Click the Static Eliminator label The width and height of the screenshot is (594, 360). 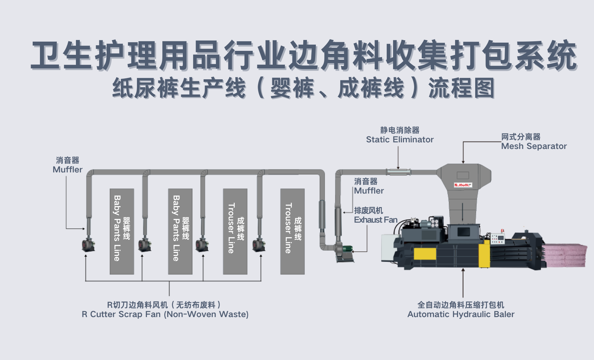click(x=400, y=135)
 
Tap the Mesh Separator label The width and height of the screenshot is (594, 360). click(x=534, y=141)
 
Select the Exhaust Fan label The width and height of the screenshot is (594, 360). click(x=376, y=215)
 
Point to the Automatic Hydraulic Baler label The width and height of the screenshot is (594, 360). click(x=461, y=309)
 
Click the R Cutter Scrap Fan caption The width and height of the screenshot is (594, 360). click(x=165, y=309)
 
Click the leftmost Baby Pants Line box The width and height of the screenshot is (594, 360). click(x=122, y=232)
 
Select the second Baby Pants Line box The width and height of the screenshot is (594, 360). click(x=180, y=232)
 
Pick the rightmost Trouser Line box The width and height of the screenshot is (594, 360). click(x=292, y=232)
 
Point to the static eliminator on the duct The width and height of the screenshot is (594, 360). click(x=398, y=172)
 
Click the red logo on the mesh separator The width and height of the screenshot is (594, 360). click(x=463, y=185)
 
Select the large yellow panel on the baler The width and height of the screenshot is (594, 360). click(x=425, y=254)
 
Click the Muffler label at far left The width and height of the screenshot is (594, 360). click(x=68, y=165)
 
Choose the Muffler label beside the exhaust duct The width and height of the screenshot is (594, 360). click(x=369, y=186)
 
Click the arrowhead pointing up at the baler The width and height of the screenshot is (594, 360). click(x=463, y=270)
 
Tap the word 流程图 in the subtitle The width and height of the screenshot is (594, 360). click(x=461, y=88)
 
